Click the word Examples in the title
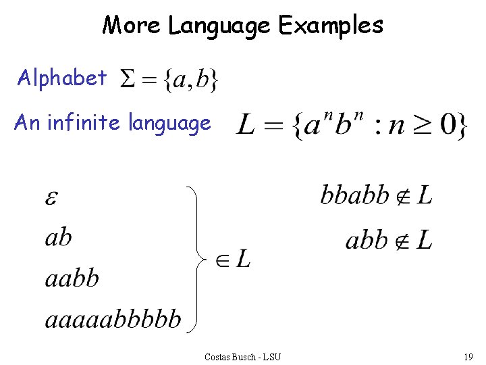331,26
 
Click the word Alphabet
62,78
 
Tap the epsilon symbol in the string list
51,198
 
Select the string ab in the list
58,237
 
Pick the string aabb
72,277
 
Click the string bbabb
354,196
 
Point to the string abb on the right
367,239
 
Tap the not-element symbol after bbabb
404,197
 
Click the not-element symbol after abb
404,240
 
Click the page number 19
468,356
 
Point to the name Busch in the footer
242,356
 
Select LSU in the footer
272,356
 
